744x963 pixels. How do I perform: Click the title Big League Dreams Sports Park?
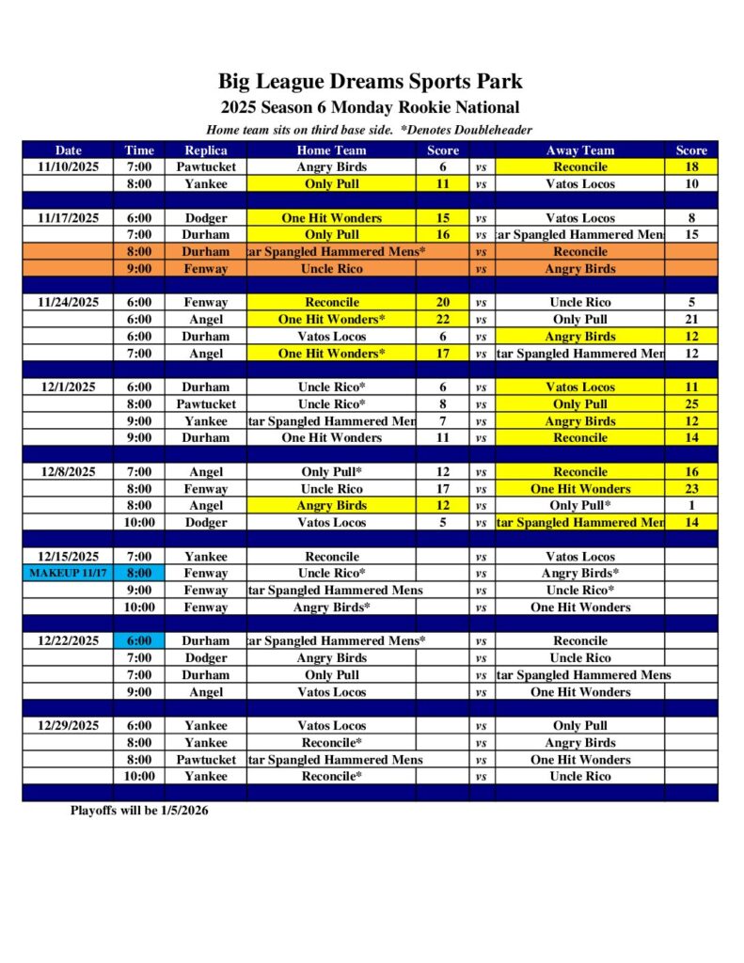coord(371,82)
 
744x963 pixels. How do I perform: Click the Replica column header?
coord(206,150)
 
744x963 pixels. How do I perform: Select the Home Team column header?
coord(331,150)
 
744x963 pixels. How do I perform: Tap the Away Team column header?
coord(579,150)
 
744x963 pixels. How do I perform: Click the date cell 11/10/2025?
coord(69,166)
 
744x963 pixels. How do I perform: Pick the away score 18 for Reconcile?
coord(691,166)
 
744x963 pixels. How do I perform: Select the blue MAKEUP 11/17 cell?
coord(69,573)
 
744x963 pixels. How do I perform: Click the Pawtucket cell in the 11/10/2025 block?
coord(206,166)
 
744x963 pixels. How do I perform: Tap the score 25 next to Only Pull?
coord(691,403)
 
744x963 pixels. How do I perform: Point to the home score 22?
coord(443,319)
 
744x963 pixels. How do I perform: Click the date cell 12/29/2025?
coord(69,725)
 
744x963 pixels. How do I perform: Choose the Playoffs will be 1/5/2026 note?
coord(139,810)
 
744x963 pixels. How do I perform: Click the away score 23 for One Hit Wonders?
coord(691,488)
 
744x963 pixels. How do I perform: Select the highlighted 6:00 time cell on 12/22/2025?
coord(139,640)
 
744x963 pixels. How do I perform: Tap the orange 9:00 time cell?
coord(139,268)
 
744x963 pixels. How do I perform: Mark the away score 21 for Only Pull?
coord(691,319)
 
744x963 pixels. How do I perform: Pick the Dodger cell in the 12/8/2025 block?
coord(206,522)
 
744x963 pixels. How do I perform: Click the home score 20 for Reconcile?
coord(443,302)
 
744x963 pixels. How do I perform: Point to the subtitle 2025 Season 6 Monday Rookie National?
coord(371,107)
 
